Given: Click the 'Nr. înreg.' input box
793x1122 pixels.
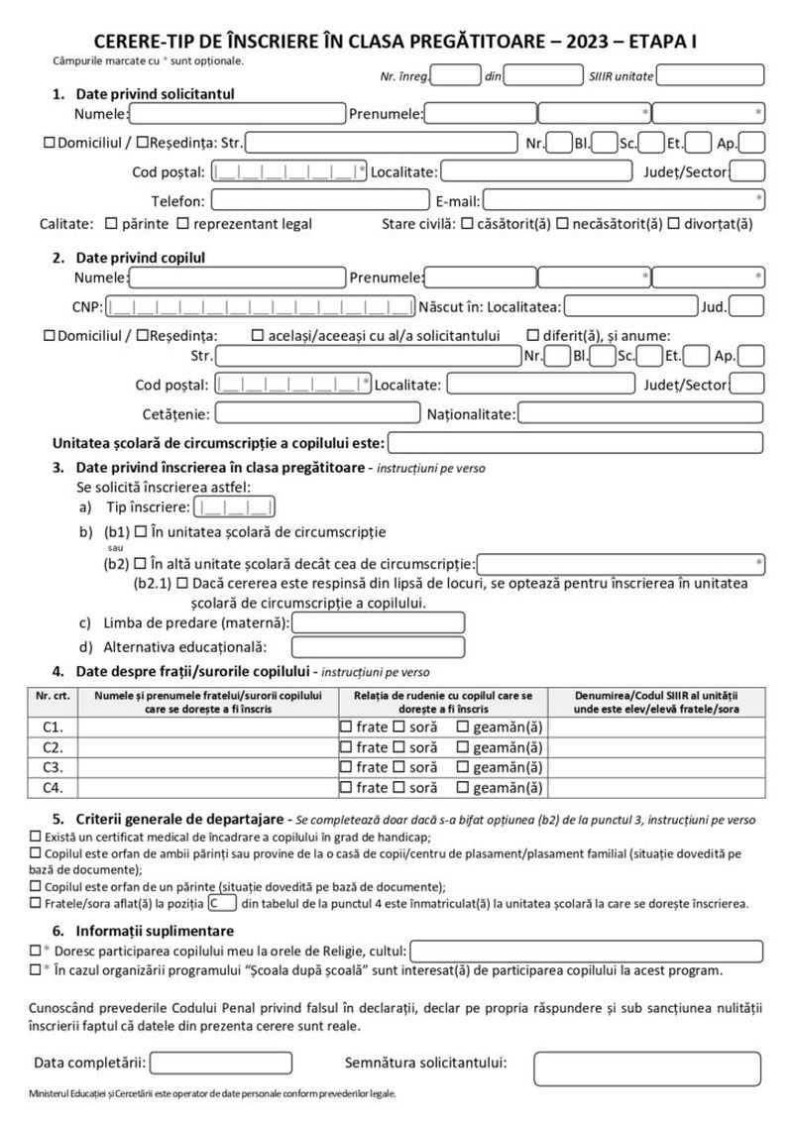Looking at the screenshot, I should tap(456, 75).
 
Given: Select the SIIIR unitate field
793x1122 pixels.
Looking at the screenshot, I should tap(710, 75).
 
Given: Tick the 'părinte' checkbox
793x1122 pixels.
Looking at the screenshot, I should tap(110, 223).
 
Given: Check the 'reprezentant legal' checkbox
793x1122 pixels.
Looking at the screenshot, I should tap(184, 223).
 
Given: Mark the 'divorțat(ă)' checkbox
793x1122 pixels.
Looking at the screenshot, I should tap(674, 223).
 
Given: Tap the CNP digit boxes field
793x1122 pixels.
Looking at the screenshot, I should tap(261, 306).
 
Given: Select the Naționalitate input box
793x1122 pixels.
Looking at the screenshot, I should tap(640, 412).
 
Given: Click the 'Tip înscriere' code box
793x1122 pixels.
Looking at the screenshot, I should tap(235, 509).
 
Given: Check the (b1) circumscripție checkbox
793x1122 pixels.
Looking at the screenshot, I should tap(140, 532).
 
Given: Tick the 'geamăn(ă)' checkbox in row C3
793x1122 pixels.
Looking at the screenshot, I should tap(462, 767).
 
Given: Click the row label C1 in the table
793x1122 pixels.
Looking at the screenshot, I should tap(53, 727).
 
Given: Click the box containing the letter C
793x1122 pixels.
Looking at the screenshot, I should tap(222, 904).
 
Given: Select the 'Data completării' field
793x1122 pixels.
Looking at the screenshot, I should tap(205, 1064).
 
